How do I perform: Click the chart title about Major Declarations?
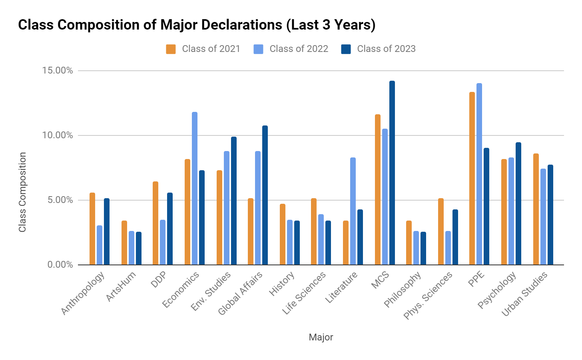point(197,25)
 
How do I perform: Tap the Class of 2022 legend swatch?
point(258,49)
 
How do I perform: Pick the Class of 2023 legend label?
point(386,49)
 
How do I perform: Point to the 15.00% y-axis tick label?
point(58,71)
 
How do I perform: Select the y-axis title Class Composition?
point(22,192)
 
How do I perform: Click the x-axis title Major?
point(321,337)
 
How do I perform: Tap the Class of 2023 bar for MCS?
point(392,173)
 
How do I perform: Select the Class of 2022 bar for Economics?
point(195,188)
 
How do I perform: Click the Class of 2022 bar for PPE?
point(479,174)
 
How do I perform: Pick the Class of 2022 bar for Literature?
point(353,211)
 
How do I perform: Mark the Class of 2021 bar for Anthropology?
point(92,229)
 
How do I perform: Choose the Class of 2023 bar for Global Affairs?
point(265,195)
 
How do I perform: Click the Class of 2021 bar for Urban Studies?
point(536,209)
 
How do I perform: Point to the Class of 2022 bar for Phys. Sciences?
point(448,248)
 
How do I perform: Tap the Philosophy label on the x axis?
point(402,290)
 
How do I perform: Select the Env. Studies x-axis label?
point(211,291)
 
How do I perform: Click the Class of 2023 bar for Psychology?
point(518,203)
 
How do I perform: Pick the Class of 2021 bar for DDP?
point(155,223)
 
